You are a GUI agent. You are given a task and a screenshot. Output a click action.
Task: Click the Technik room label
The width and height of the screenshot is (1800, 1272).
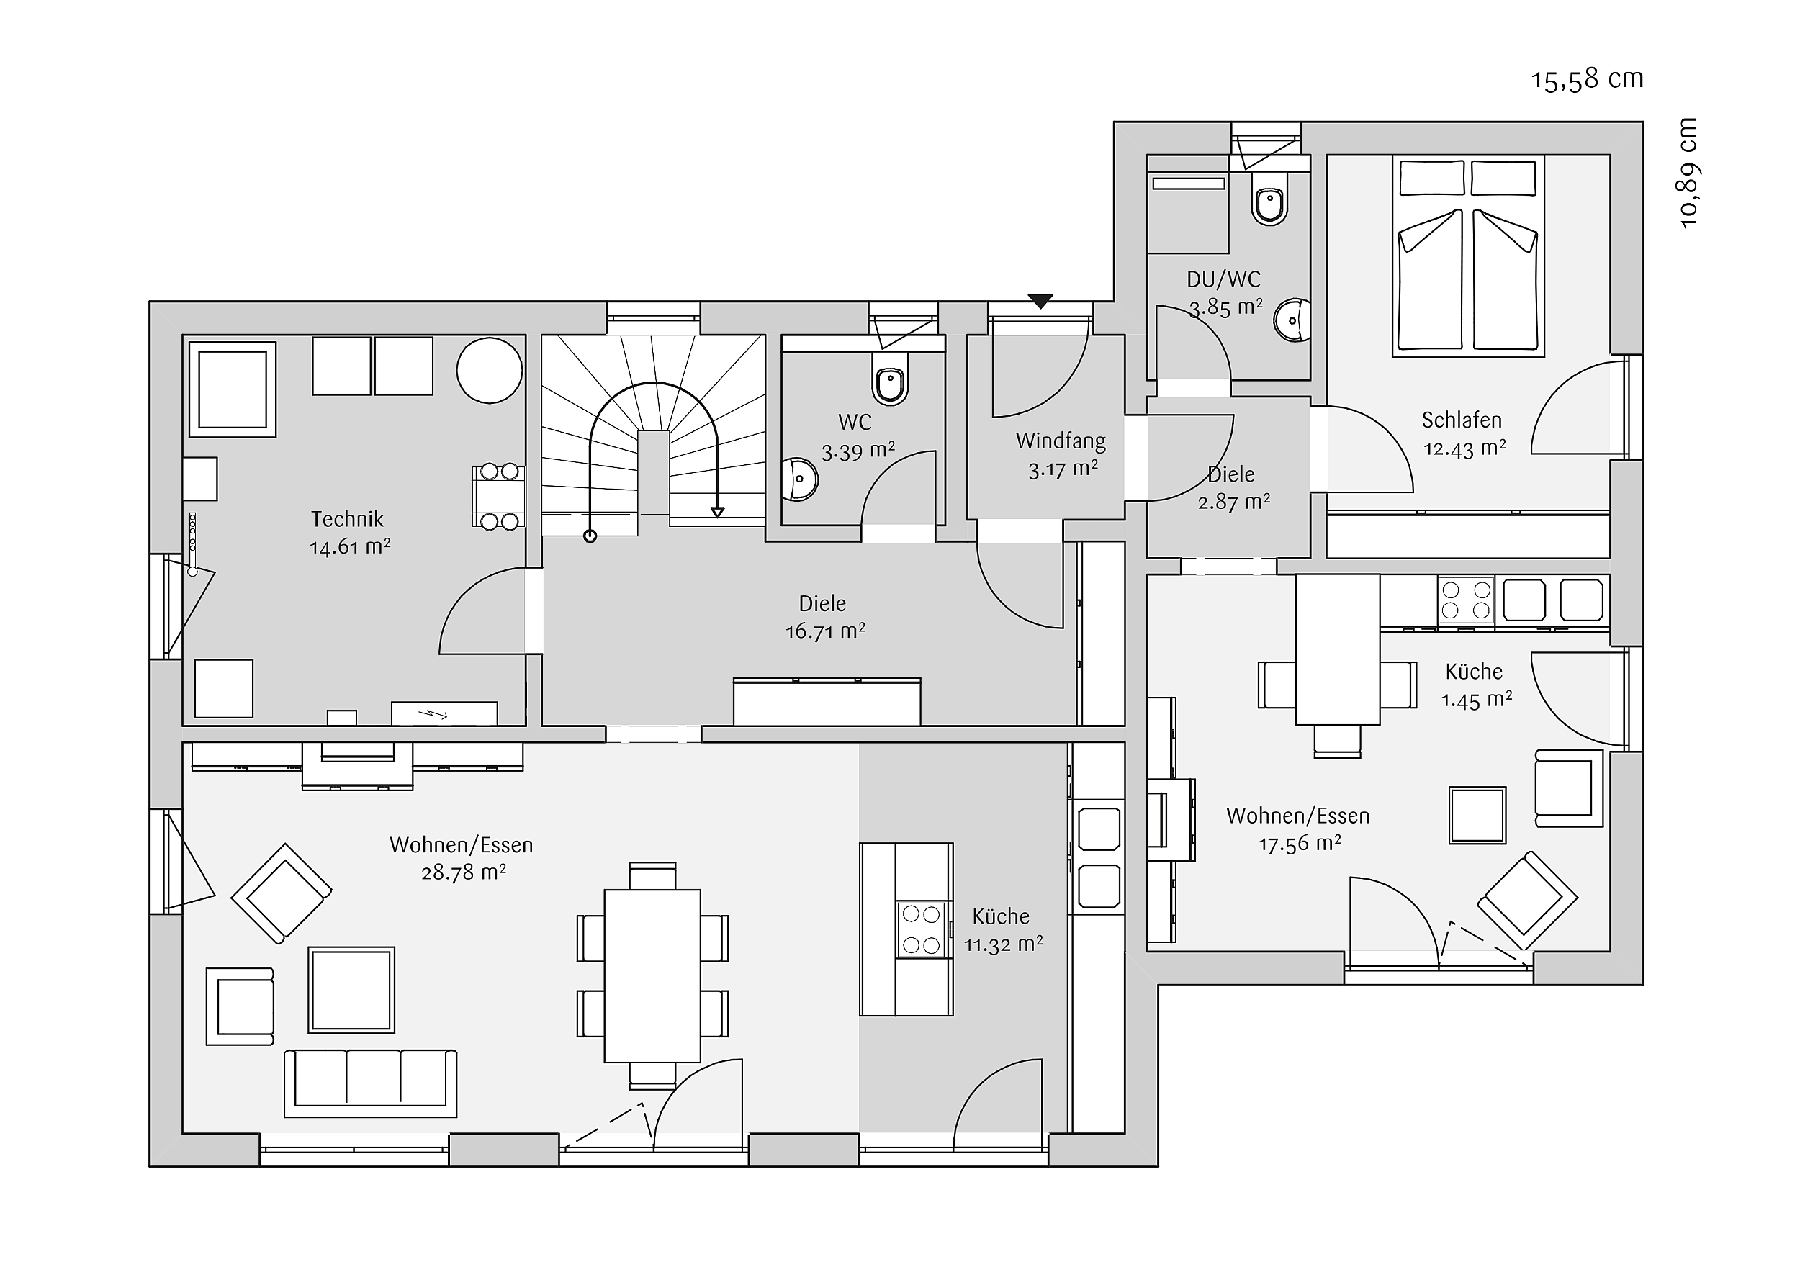pos(347,519)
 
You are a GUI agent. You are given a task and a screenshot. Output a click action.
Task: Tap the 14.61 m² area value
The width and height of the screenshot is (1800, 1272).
pos(350,546)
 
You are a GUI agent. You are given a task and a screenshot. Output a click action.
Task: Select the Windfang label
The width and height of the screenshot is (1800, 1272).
pos(1061,441)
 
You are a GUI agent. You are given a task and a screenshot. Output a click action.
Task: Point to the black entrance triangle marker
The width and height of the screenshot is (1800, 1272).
pos(1040,301)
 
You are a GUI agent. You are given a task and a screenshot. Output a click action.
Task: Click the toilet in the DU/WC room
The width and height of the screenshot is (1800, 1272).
pos(1270,199)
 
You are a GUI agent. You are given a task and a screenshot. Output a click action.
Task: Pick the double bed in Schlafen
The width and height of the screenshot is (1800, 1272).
pos(1467,256)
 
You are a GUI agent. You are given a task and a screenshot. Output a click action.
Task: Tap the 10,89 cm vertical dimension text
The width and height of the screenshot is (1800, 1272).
pos(1688,173)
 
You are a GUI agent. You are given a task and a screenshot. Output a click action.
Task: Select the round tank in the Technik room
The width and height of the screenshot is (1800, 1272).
pos(489,371)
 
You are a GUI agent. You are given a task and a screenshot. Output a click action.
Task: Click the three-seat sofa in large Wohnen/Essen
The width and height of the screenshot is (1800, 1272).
pos(370,1083)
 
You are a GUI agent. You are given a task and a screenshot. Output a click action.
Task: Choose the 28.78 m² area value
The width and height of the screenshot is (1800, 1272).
pos(464,872)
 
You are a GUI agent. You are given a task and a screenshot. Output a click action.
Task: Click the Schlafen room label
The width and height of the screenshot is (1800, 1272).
pos(1462,420)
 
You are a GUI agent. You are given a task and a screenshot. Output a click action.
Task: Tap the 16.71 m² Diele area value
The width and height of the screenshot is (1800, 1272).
pos(826,631)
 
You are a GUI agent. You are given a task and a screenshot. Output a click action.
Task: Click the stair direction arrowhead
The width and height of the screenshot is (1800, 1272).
pos(717,513)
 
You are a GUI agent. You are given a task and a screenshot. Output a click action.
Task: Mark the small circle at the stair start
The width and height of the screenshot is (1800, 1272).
pos(590,536)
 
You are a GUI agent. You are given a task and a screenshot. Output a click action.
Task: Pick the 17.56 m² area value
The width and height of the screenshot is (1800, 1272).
pos(1300,844)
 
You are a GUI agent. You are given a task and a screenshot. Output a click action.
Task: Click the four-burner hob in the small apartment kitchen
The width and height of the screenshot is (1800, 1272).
pos(1466,600)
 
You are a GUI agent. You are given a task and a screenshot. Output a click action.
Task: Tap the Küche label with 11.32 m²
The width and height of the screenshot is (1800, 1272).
pos(1001,916)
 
